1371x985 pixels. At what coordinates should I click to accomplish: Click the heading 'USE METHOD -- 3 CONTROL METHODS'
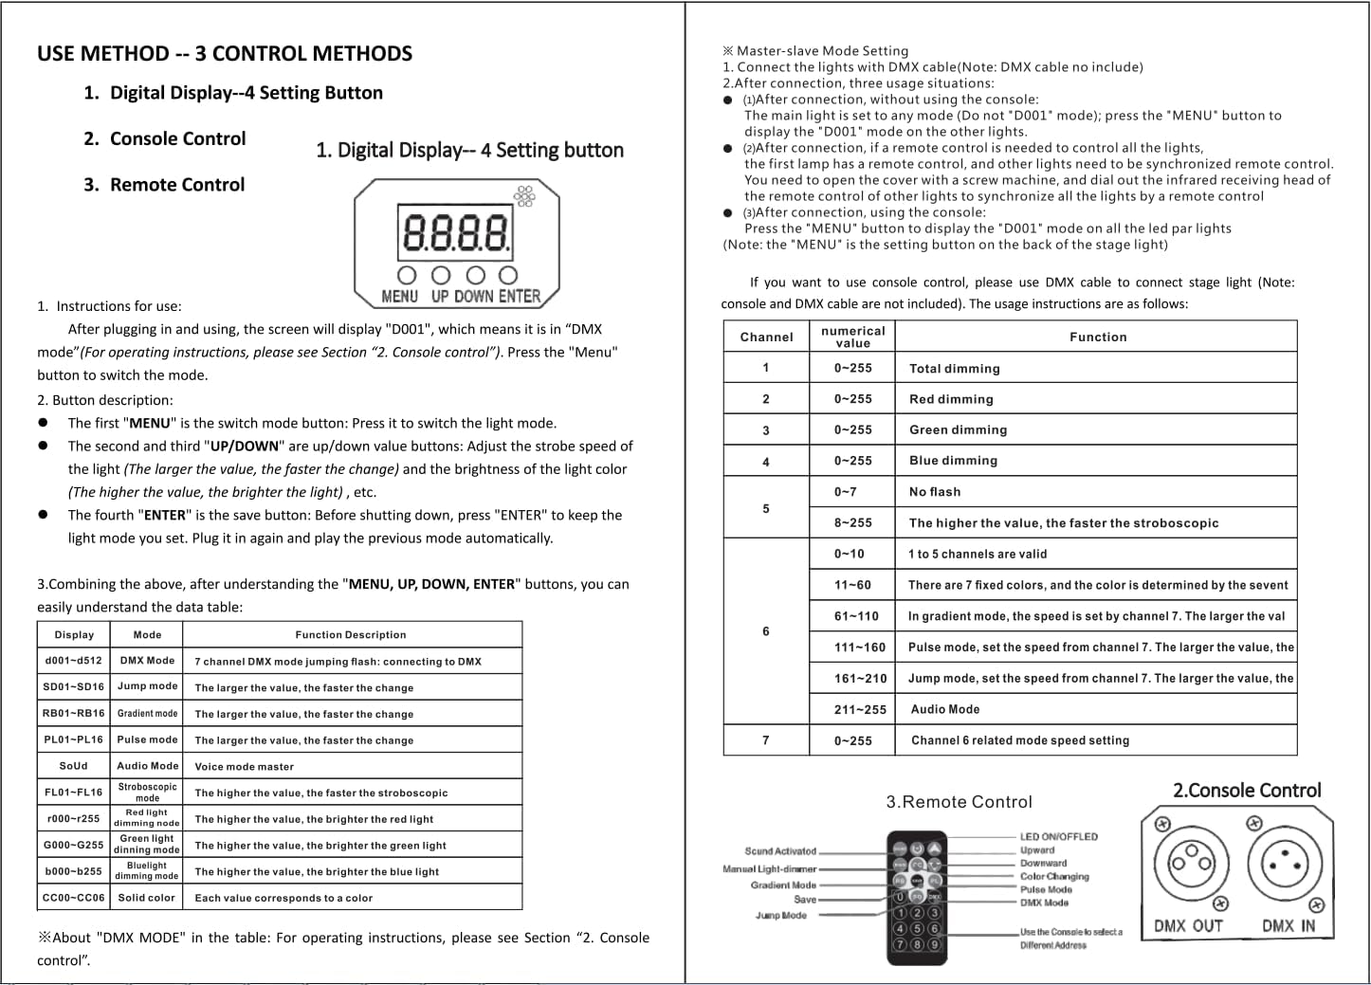point(225,53)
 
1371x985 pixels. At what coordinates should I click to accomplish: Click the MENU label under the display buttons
point(399,296)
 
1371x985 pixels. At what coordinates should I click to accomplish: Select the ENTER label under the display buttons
point(519,296)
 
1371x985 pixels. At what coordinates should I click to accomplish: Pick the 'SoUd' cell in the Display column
point(73,766)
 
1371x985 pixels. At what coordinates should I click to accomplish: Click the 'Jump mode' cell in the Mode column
point(147,686)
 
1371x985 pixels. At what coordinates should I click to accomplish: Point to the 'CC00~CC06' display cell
point(73,898)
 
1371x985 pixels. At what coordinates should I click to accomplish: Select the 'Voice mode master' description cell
point(245,767)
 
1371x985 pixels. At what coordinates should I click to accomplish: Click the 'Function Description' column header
point(351,635)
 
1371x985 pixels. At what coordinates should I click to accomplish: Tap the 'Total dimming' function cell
point(954,369)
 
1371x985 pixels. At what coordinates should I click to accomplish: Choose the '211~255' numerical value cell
point(860,709)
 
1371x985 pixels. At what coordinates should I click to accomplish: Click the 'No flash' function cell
point(934,492)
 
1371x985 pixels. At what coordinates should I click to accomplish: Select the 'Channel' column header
point(766,337)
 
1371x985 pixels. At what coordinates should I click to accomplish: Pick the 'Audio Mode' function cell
point(944,709)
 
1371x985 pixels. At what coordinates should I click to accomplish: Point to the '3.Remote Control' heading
point(959,802)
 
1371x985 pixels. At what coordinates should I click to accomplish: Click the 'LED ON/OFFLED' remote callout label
point(1058,837)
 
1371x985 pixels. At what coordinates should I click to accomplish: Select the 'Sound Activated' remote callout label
point(779,851)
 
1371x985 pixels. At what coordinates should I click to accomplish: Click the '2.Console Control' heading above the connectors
point(1247,791)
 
